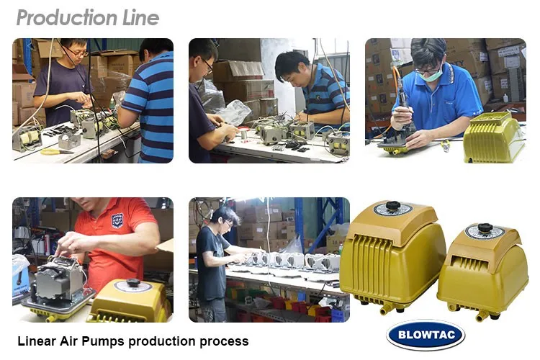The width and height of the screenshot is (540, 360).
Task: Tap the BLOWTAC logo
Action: (426, 335)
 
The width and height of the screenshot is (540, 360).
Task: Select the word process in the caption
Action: (225, 341)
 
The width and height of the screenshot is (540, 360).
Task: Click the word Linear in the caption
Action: (37, 341)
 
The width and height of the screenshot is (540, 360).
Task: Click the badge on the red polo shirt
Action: (117, 221)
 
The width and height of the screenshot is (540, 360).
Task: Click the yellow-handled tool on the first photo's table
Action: (57, 151)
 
